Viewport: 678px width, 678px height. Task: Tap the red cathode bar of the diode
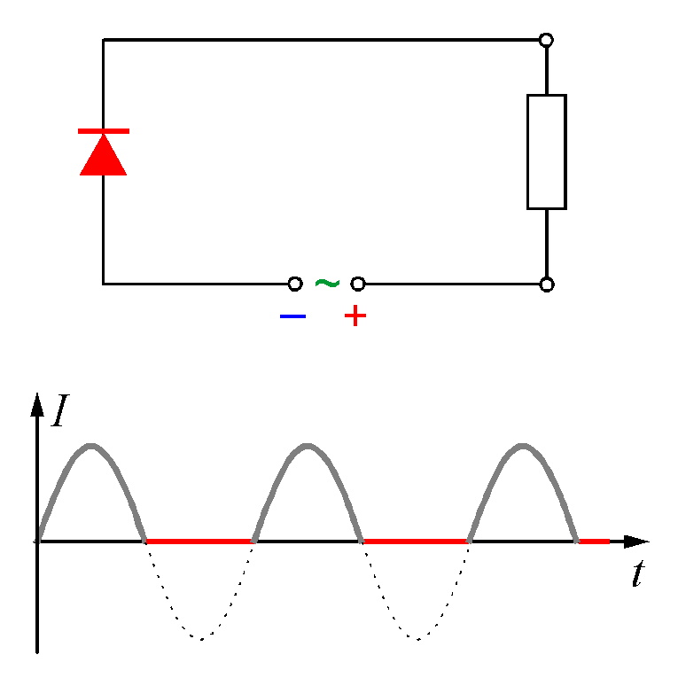tap(104, 131)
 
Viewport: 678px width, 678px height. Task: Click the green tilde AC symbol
tap(327, 284)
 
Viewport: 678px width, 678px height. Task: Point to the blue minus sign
tap(292, 316)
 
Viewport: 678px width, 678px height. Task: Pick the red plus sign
tap(355, 316)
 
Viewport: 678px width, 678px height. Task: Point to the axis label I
tap(60, 410)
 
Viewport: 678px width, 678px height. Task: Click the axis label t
tap(638, 573)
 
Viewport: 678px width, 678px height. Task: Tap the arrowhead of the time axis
tap(636, 542)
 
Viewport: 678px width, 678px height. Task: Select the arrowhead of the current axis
tap(37, 405)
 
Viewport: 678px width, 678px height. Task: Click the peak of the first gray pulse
tap(90, 446)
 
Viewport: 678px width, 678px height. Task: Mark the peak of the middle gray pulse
tap(307, 446)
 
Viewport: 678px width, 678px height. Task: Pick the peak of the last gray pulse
tap(523, 446)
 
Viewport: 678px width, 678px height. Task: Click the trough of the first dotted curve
tap(201, 639)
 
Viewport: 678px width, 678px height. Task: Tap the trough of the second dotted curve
tap(417, 639)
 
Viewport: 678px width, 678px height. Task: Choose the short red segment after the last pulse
tap(594, 542)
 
